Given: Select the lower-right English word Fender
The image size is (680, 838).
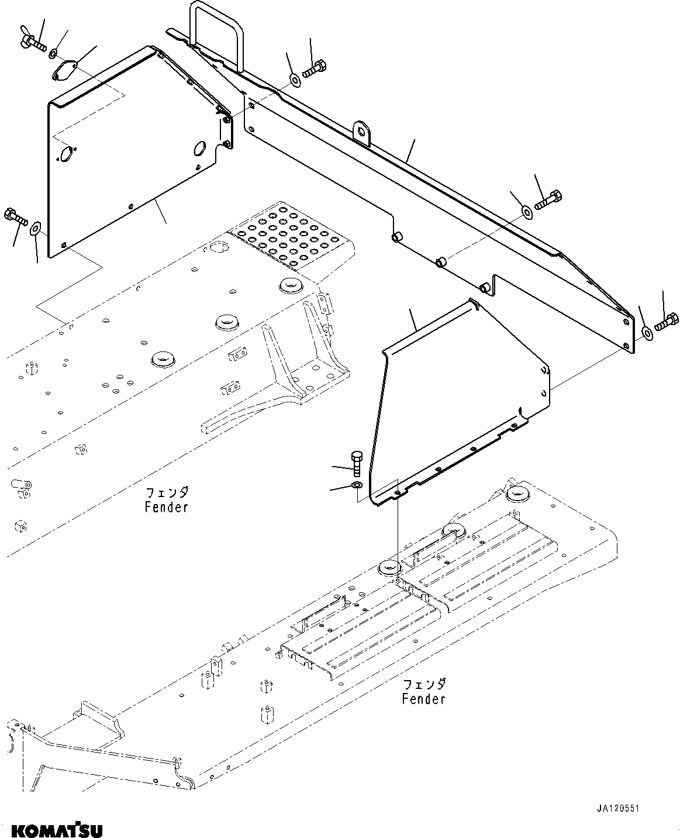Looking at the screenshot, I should (x=424, y=699).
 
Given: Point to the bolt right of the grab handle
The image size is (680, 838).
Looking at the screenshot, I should (x=313, y=69).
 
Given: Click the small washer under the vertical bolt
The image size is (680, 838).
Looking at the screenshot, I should (x=357, y=485).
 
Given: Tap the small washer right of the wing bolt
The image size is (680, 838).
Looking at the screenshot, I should (x=53, y=54).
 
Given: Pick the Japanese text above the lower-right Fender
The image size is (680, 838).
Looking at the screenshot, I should (x=424, y=684).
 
